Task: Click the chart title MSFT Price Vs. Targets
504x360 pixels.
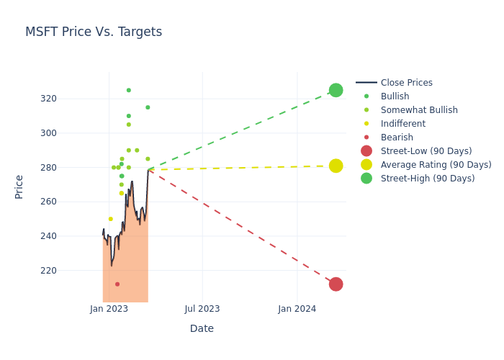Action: tap(94, 32)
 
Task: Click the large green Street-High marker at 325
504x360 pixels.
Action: tap(336, 90)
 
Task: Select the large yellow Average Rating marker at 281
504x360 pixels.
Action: tap(336, 166)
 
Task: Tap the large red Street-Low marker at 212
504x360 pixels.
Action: tap(336, 284)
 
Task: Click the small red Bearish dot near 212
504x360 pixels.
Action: tap(117, 284)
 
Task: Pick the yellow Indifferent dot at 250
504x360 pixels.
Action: tap(110, 219)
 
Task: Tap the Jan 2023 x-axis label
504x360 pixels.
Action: tap(109, 309)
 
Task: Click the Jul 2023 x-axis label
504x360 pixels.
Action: tap(202, 309)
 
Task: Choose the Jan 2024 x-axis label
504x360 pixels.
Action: tap(297, 309)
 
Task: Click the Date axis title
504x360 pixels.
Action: tap(202, 329)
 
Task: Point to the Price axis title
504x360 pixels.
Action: tap(19, 186)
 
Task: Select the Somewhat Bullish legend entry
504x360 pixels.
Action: tap(419, 110)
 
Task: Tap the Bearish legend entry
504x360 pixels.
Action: tap(397, 138)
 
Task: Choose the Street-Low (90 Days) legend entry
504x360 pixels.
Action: tap(426, 151)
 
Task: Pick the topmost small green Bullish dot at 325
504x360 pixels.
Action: tap(129, 90)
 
